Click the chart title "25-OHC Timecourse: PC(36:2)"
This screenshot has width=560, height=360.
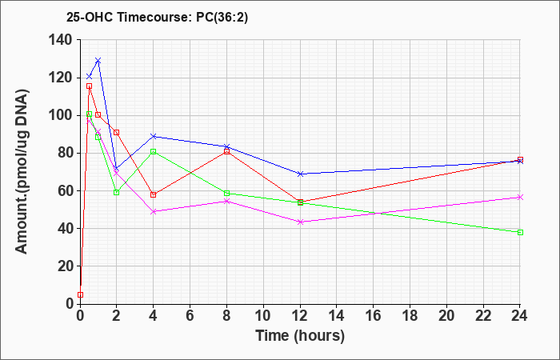click(157, 18)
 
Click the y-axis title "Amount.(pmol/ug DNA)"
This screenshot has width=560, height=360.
click(22, 171)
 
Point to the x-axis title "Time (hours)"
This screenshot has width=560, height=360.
click(300, 336)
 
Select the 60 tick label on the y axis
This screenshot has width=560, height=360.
click(66, 190)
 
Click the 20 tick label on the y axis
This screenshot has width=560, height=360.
click(66, 266)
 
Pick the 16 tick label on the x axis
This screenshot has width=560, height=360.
click(373, 316)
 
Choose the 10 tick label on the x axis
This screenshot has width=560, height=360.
click(263, 316)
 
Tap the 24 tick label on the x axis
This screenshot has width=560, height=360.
click(519, 316)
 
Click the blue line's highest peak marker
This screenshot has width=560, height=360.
click(98, 60)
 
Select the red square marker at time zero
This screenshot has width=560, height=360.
click(80, 294)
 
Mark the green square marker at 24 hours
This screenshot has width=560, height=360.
click(520, 233)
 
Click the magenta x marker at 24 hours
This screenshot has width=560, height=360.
click(520, 197)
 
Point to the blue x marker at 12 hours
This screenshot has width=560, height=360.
click(300, 174)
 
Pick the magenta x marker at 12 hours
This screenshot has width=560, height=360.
click(300, 222)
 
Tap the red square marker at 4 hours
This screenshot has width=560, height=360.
click(154, 194)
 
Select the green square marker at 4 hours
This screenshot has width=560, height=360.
click(154, 151)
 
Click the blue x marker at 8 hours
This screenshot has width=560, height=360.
click(226, 146)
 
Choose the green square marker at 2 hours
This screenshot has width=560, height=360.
click(116, 193)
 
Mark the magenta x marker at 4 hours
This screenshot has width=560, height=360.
click(154, 211)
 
